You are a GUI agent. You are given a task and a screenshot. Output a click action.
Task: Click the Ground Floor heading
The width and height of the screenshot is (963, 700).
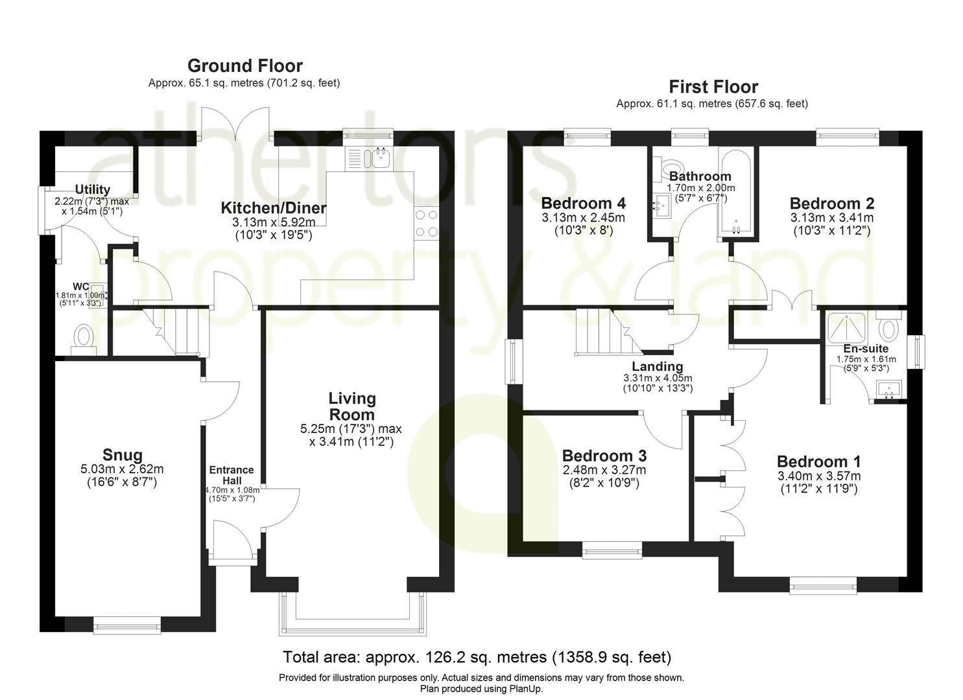[x=244, y=65]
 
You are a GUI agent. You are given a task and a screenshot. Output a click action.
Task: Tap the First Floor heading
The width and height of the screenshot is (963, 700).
[x=713, y=86]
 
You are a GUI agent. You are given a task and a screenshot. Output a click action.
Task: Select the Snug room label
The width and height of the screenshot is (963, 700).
[x=122, y=455]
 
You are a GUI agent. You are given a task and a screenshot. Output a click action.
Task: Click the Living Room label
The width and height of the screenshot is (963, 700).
[x=351, y=406]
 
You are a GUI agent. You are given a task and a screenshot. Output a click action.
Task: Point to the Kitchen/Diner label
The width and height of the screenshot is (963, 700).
[x=273, y=208]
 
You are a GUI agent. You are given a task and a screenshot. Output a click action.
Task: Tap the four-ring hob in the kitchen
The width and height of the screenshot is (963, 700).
[x=426, y=223]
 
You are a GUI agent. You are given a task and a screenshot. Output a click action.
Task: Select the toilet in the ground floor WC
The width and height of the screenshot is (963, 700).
[x=83, y=338]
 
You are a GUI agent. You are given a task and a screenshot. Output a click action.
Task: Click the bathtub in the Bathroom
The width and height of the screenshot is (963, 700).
[x=735, y=192]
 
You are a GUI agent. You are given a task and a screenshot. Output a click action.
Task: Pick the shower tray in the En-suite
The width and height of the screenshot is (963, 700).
[x=847, y=326]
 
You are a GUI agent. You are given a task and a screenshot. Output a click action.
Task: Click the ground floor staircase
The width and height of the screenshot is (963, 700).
[x=175, y=331]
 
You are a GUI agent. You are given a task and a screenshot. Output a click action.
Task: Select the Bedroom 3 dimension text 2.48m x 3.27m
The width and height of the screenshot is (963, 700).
[x=604, y=470]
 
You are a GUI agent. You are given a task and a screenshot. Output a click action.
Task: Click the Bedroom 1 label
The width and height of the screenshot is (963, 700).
[x=818, y=461]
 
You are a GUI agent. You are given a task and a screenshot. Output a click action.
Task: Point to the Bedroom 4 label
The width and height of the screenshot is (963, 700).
[x=583, y=203]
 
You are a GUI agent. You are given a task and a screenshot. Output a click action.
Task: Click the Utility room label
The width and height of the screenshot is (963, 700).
[x=92, y=190]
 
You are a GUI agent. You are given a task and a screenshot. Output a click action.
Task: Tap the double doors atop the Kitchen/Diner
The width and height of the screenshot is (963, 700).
[x=238, y=123]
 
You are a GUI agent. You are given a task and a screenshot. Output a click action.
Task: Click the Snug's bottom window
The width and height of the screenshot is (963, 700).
[x=126, y=626]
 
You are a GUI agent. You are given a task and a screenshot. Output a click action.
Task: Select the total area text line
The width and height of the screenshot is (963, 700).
[x=477, y=657]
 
